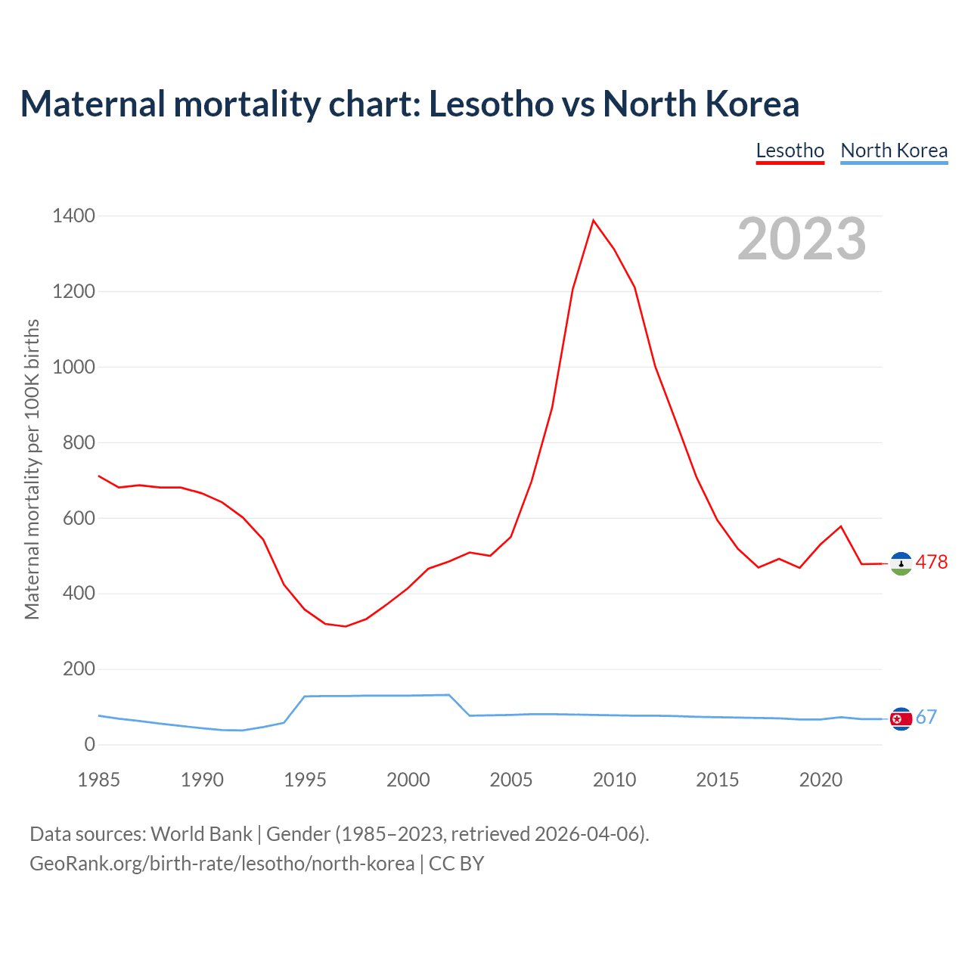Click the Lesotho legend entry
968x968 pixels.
[790, 150]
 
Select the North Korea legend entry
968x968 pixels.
[894, 150]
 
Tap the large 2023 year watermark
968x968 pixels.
[802, 239]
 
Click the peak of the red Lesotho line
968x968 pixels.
[594, 220]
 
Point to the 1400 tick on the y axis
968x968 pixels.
[74, 216]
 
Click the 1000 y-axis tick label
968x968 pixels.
[74, 368]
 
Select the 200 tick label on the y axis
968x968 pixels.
[79, 669]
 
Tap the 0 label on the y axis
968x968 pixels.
[90, 745]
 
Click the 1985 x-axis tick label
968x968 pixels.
[99, 780]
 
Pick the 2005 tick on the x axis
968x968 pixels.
[511, 780]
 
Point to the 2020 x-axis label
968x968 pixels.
[821, 780]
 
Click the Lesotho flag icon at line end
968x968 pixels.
[901, 563]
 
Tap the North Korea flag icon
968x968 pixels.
[901, 719]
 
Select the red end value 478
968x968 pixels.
[932, 562]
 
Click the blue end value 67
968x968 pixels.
[926, 717]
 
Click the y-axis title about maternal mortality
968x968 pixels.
[32, 469]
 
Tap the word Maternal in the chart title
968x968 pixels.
[92, 104]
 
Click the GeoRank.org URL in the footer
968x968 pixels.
[222, 863]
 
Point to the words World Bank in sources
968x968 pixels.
[201, 833]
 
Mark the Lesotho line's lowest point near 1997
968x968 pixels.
[346, 626]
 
